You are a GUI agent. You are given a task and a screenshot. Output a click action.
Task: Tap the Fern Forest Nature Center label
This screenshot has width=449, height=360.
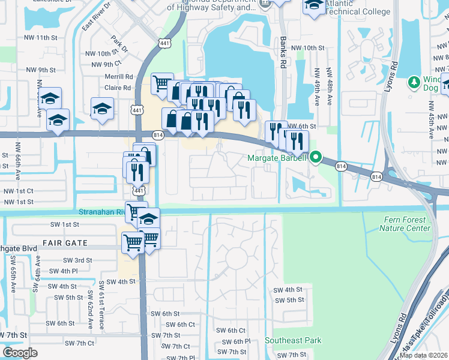click(x=406, y=224)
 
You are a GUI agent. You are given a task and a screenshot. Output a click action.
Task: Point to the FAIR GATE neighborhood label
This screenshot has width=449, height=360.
click(x=65, y=243)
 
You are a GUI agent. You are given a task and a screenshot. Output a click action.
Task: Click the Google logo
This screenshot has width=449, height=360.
click(x=20, y=352)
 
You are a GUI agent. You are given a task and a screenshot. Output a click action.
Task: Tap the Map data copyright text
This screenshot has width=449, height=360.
click(x=423, y=355)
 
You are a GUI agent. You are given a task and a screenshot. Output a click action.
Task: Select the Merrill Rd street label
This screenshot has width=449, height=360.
click(x=118, y=77)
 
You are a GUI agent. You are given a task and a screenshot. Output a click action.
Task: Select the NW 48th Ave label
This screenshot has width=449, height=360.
click(x=330, y=86)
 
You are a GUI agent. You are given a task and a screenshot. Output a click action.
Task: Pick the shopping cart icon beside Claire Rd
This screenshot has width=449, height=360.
click(x=161, y=83)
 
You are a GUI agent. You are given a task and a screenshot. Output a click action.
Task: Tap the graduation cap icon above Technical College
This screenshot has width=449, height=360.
click(x=313, y=6)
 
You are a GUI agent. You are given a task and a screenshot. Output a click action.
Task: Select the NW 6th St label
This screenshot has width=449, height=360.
click(x=301, y=126)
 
